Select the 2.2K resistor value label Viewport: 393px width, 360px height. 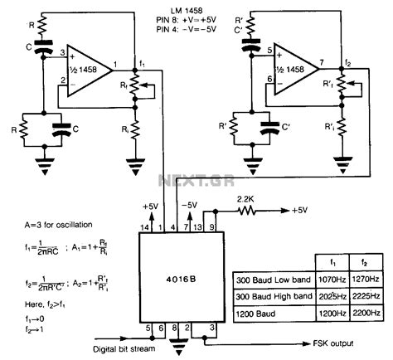(246, 198)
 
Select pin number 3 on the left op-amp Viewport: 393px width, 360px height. (61, 52)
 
